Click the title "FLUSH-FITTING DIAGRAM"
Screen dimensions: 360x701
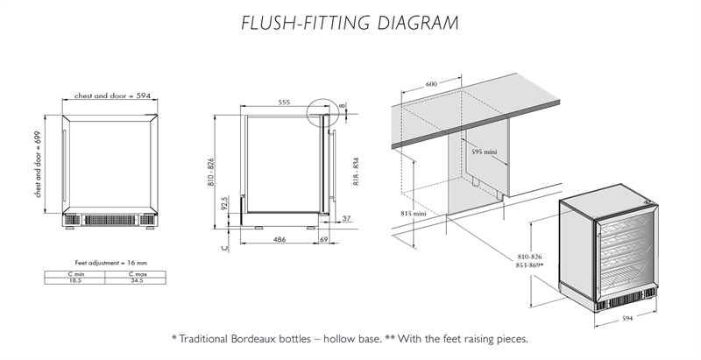[x=349, y=23]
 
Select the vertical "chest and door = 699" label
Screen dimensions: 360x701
[x=39, y=166]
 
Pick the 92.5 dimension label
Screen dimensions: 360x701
[x=227, y=204]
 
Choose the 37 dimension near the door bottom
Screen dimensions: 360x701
[x=346, y=218]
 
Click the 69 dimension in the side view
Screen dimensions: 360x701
[x=323, y=238]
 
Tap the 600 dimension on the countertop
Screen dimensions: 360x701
[x=431, y=84]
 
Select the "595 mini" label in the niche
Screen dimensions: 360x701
[x=484, y=152]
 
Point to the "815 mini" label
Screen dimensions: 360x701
[x=414, y=214]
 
